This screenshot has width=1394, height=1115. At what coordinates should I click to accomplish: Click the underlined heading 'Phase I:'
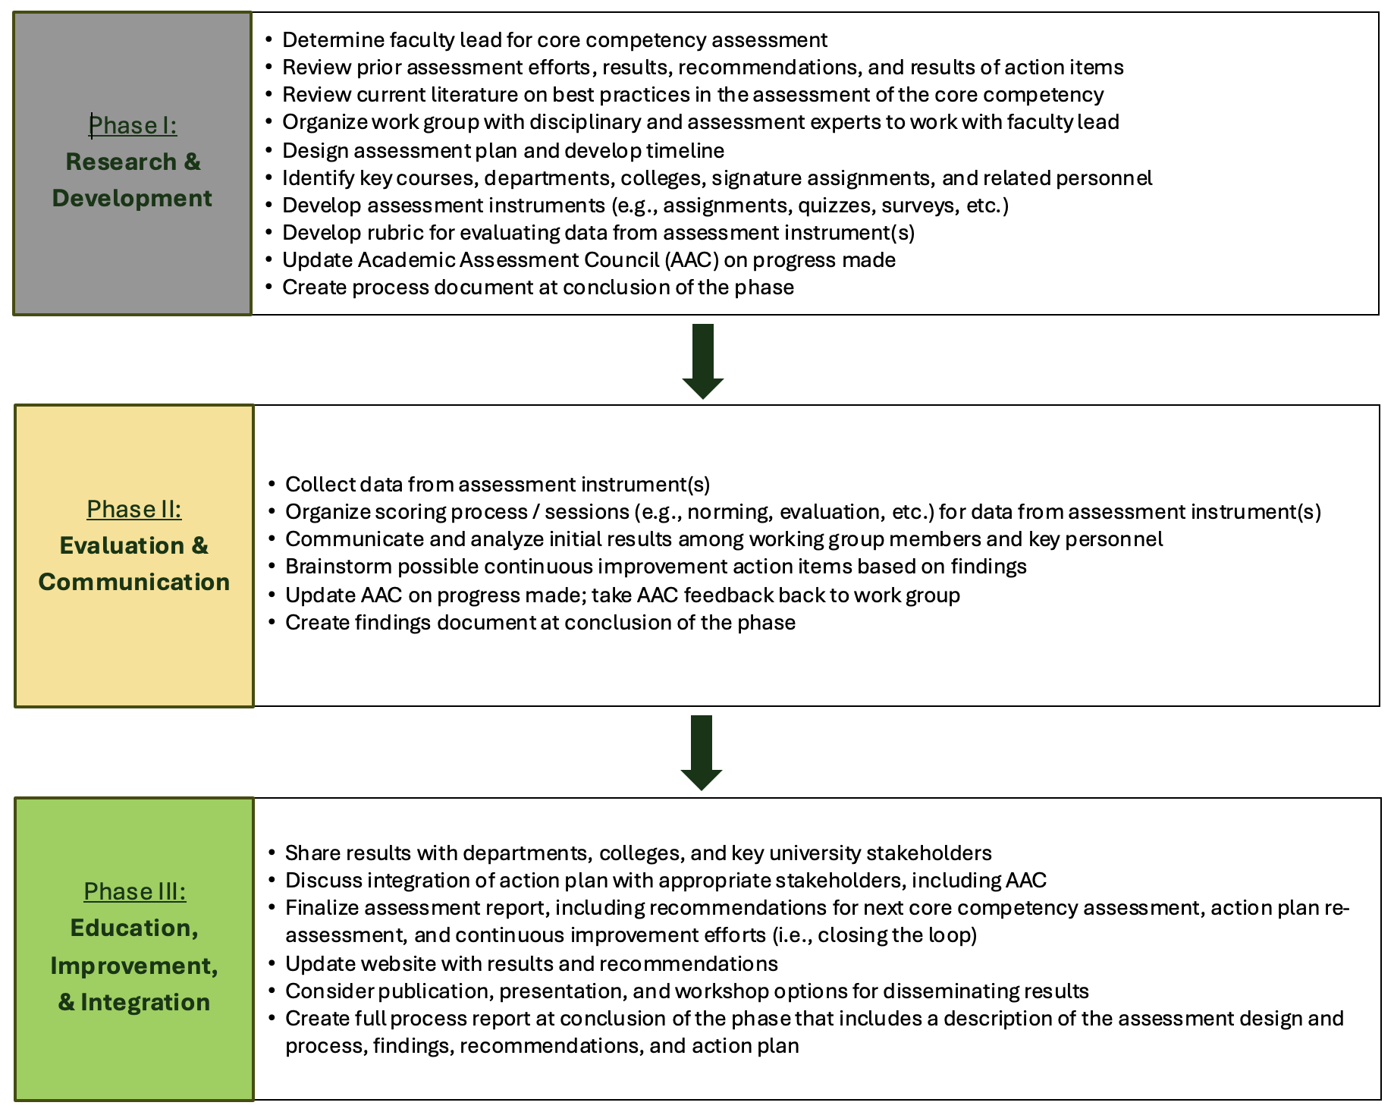pos(133,125)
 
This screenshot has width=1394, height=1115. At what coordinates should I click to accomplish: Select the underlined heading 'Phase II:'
pos(134,509)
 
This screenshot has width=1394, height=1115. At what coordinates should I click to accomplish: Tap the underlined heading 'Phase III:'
pos(134,891)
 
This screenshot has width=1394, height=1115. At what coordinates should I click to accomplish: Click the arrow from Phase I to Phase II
pos(703,360)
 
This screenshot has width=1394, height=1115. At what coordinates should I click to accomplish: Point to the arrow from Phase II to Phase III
pos(702,752)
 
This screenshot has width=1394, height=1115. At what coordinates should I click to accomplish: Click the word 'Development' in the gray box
pos(132,198)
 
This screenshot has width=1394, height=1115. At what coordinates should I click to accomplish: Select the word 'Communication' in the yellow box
pos(134,582)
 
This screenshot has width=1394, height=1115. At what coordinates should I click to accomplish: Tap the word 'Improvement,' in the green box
pos(134,966)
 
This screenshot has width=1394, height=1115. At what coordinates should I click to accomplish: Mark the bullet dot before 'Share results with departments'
pos(272,853)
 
